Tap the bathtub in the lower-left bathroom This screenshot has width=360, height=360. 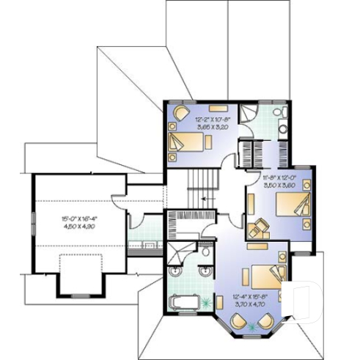click(186, 303)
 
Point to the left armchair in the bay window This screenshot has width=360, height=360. click(239, 321)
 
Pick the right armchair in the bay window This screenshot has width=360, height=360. click(268, 321)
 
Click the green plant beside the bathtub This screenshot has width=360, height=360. click(213, 301)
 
